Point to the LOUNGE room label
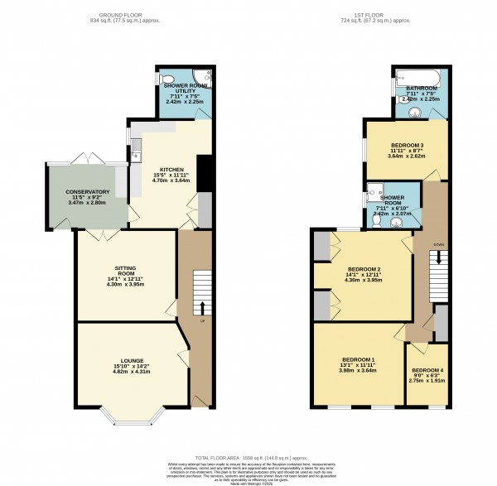pyautogui.click(x=131, y=360)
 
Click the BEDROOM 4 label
pyautogui.click(x=428, y=369)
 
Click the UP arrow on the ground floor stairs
pyautogui.click(x=202, y=307)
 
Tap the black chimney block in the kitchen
pyautogui.click(x=200, y=172)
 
